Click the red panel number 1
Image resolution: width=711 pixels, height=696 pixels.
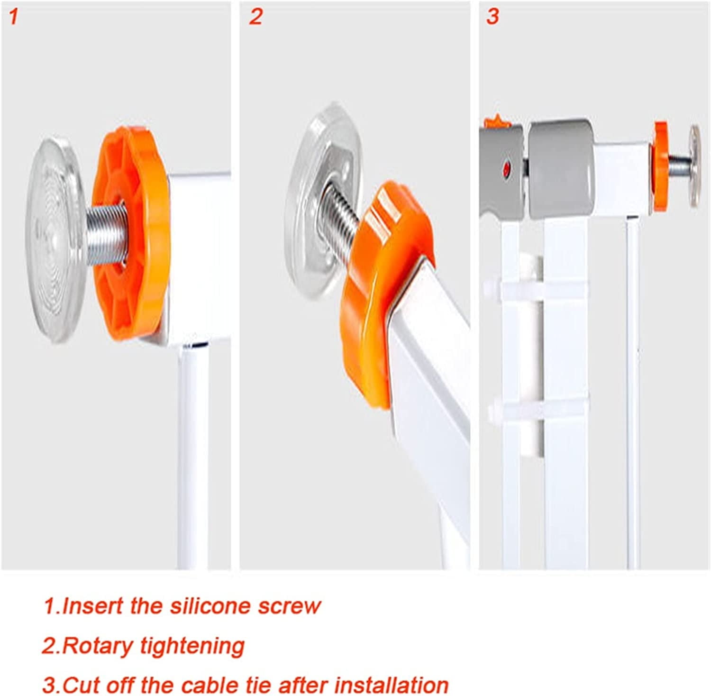click(x=14, y=17)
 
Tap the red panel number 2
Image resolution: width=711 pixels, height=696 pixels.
click(x=255, y=17)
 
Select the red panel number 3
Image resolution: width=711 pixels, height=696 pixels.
click(x=492, y=17)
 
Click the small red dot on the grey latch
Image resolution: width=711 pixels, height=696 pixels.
click(x=507, y=168)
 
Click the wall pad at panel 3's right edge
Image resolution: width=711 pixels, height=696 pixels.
click(x=694, y=166)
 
